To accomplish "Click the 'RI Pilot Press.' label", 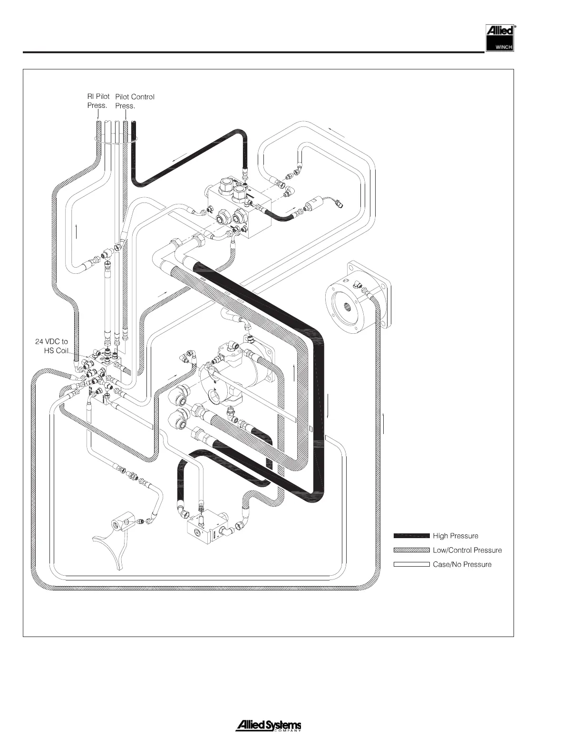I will (98, 101).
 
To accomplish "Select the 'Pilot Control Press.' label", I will (135, 101).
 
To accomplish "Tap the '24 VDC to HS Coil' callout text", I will (52, 346).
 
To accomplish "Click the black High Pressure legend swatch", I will (411, 536).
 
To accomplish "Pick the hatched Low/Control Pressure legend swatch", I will (411, 550).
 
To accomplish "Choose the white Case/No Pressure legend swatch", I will (411, 564).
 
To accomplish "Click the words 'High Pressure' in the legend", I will (455, 536).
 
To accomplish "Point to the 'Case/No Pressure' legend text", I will (462, 564).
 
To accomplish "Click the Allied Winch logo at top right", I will (499, 38).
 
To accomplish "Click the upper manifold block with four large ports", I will (238, 207).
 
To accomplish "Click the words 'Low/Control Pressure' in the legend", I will (467, 550).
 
